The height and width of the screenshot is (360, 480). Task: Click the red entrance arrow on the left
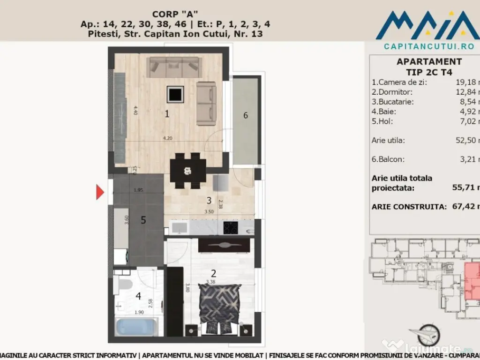(x=100, y=192)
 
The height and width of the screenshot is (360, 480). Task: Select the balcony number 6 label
(x=246, y=115)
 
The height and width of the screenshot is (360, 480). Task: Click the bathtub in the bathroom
(x=136, y=326)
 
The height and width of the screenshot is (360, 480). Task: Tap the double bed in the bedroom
(x=219, y=307)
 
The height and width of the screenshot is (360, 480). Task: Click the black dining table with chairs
(x=187, y=170)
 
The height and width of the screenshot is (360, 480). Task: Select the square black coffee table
(x=175, y=95)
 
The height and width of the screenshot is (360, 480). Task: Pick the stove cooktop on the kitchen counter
(x=230, y=228)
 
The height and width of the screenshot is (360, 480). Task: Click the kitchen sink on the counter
(x=178, y=228)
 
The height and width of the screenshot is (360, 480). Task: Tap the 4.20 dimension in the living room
(x=167, y=138)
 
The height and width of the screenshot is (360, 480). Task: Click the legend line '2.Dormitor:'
(x=392, y=92)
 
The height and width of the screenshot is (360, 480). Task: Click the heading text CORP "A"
(x=178, y=14)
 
